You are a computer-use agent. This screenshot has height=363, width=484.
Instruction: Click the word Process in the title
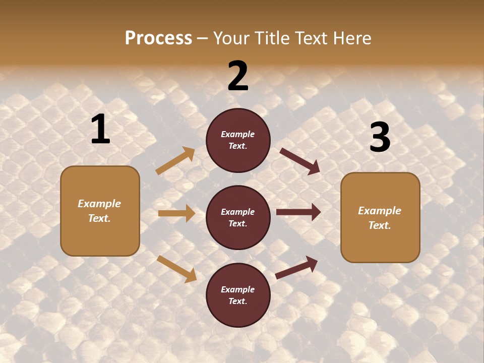click(158, 38)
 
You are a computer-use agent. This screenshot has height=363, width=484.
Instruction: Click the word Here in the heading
click(350, 38)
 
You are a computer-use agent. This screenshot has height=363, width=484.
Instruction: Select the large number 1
click(100, 130)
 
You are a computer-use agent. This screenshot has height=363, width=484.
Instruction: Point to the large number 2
click(238, 76)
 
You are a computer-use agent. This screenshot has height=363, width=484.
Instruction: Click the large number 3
click(380, 138)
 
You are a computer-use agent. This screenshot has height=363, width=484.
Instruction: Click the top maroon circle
click(238, 140)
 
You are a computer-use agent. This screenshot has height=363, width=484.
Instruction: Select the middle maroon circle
click(238, 217)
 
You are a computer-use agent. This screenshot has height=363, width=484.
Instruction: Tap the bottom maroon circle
click(238, 295)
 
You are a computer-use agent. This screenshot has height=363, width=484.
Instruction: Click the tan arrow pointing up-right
click(175, 161)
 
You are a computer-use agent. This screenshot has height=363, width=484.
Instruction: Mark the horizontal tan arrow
click(176, 213)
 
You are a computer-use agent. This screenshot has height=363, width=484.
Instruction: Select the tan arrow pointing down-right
click(176, 269)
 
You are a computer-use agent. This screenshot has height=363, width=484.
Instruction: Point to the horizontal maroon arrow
click(298, 212)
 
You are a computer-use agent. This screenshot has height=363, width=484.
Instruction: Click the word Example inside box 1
click(99, 204)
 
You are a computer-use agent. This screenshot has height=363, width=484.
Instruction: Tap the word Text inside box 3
click(379, 225)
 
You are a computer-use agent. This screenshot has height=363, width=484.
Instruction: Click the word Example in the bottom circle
click(237, 289)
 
